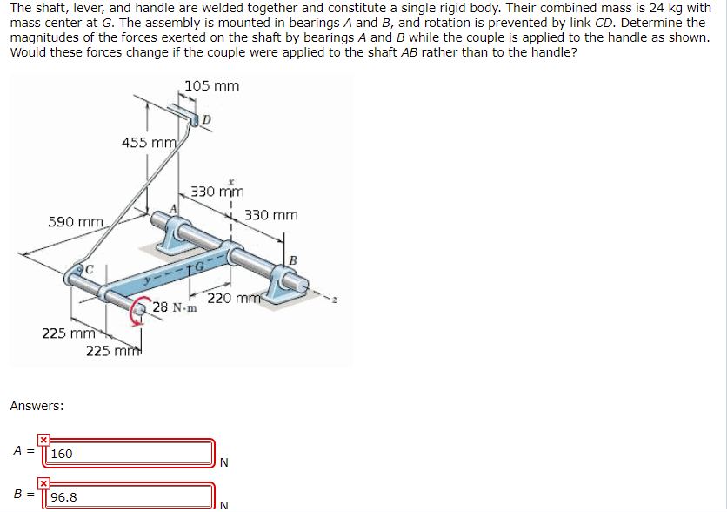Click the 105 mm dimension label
click(211, 85)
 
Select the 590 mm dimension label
click(77, 222)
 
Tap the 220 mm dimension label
click(231, 299)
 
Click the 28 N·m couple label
click(174, 307)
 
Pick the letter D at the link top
click(206, 118)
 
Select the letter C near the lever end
click(87, 267)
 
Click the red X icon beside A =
click(43, 441)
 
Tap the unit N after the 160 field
click(224, 462)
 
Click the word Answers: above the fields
click(37, 405)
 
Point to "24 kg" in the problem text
click(647, 8)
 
